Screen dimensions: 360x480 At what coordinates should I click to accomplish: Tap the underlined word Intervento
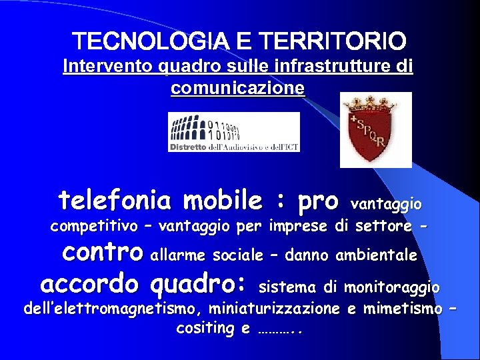(101, 67)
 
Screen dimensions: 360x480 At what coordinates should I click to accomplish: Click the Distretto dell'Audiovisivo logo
(233, 132)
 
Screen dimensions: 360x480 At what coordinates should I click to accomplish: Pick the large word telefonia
(117, 199)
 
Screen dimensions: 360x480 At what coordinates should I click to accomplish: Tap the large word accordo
(89, 285)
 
